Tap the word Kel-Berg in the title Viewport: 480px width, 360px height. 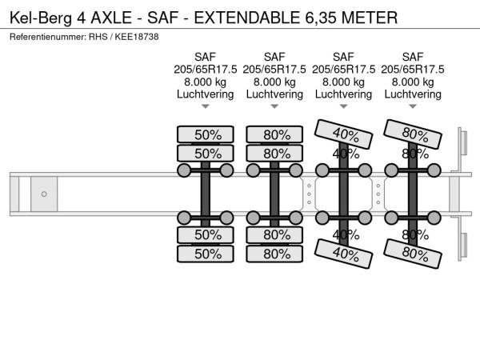[x=39, y=17]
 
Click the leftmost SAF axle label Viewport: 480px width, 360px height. [x=206, y=56]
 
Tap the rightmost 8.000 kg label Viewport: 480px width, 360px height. [x=413, y=82]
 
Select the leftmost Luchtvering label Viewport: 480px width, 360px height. [x=206, y=94]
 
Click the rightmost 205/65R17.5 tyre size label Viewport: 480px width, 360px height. [x=413, y=69]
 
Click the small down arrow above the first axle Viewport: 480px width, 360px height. [x=206, y=107]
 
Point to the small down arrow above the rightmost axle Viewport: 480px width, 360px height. [x=413, y=107]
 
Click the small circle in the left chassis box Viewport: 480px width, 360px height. [x=44, y=194]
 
